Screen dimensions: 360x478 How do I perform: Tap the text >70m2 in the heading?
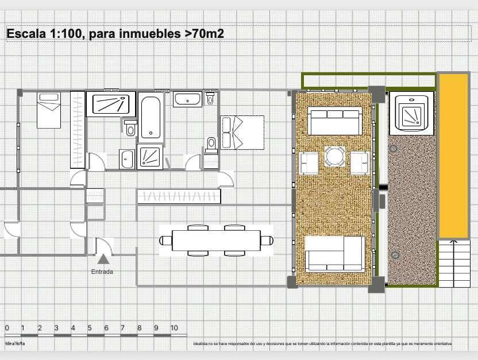[204, 34]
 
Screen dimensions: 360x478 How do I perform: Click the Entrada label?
[102, 272]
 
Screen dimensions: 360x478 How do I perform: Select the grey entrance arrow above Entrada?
[103, 259]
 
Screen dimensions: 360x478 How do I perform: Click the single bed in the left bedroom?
[49, 110]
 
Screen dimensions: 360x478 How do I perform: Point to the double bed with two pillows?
[242, 132]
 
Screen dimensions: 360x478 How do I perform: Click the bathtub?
[151, 118]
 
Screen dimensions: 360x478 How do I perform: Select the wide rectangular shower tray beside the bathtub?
[111, 104]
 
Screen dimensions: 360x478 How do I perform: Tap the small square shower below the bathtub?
[150, 157]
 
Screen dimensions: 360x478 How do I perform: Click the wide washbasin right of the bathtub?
[188, 100]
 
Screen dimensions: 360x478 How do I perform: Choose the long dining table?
[216, 239]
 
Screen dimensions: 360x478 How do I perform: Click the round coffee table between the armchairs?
[335, 156]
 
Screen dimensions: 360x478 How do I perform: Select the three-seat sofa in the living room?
[334, 121]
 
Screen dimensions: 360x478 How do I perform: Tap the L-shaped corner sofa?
[334, 253]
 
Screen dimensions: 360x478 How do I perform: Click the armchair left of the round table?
[308, 162]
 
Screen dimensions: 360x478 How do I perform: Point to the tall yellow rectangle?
[454, 155]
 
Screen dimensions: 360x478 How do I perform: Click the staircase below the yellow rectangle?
[454, 263]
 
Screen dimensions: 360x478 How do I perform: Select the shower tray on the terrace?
[411, 114]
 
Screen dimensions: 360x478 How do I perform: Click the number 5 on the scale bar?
[90, 328]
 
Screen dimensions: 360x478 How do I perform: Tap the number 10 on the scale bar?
[174, 328]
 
